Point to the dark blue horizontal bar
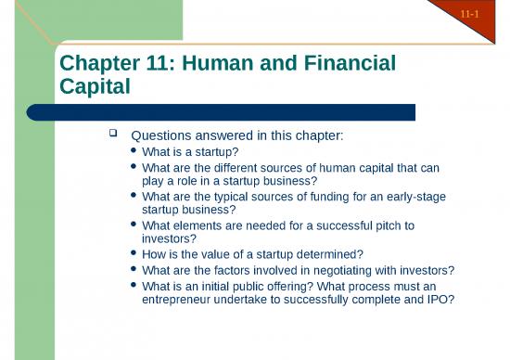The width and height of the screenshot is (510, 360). (x=223, y=112)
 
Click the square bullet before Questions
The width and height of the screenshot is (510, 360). (x=115, y=135)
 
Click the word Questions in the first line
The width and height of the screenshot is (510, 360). (x=163, y=136)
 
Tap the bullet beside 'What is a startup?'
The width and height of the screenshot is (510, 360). (x=136, y=152)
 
